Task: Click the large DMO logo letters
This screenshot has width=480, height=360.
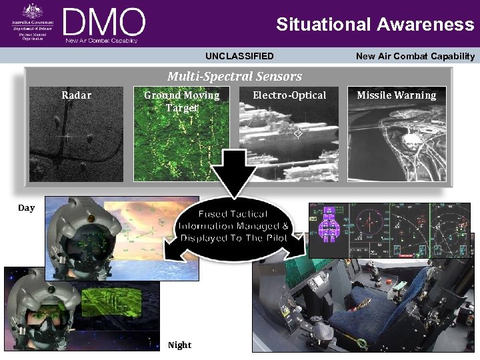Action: click(104, 23)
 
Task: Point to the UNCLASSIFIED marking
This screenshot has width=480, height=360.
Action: click(239, 57)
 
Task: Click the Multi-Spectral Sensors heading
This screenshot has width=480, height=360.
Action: click(235, 77)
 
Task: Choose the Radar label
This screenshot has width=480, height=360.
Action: click(77, 95)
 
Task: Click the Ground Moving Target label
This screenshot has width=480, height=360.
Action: click(181, 101)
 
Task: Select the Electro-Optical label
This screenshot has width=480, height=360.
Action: click(289, 95)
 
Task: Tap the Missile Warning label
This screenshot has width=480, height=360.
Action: click(396, 95)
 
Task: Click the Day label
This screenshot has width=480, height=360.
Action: click(26, 208)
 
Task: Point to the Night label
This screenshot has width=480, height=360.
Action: click(179, 345)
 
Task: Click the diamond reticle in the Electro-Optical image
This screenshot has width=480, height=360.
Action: click(298, 133)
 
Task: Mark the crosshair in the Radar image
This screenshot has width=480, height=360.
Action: click(67, 137)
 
